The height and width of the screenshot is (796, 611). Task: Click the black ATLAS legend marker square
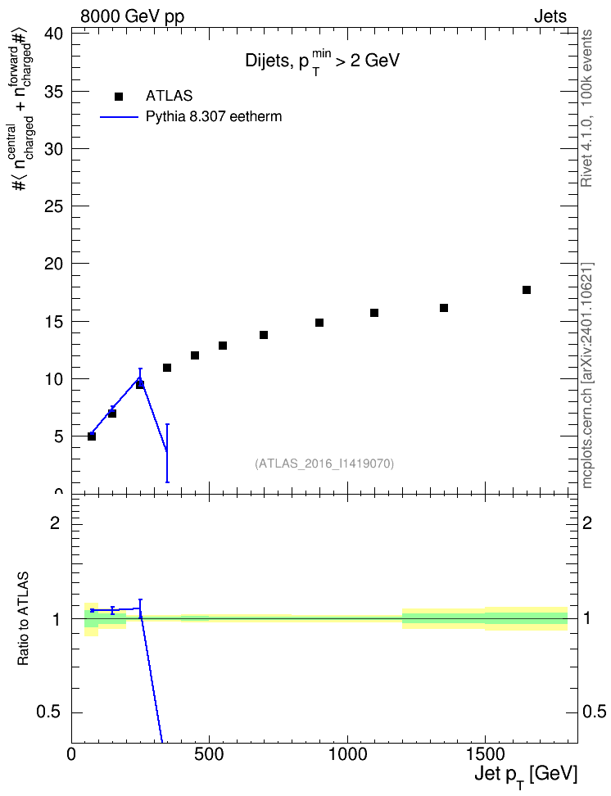click(x=119, y=97)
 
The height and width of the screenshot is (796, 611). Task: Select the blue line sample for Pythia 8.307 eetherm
click(x=119, y=117)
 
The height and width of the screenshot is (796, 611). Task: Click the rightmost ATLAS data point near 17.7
click(x=527, y=290)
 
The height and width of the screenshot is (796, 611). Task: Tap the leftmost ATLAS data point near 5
click(x=92, y=436)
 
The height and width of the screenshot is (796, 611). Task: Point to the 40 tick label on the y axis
click(x=53, y=34)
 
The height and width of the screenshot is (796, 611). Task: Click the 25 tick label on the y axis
click(x=53, y=206)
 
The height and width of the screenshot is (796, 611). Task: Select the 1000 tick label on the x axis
click(x=347, y=754)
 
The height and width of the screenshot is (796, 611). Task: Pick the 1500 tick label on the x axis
click(x=485, y=754)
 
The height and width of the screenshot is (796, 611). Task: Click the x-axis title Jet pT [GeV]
click(x=526, y=776)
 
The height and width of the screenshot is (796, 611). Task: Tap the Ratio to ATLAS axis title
click(x=23, y=618)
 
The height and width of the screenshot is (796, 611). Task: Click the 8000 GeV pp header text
click(x=132, y=16)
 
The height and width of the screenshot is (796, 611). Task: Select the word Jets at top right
click(x=550, y=16)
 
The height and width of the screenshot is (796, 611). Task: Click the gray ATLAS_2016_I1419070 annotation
click(x=324, y=464)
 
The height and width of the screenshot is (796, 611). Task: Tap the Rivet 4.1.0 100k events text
click(x=587, y=108)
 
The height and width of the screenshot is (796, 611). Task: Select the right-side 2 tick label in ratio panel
click(x=586, y=522)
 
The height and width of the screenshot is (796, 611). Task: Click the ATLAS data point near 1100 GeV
click(x=374, y=313)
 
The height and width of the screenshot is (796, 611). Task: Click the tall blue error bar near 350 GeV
click(x=167, y=453)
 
